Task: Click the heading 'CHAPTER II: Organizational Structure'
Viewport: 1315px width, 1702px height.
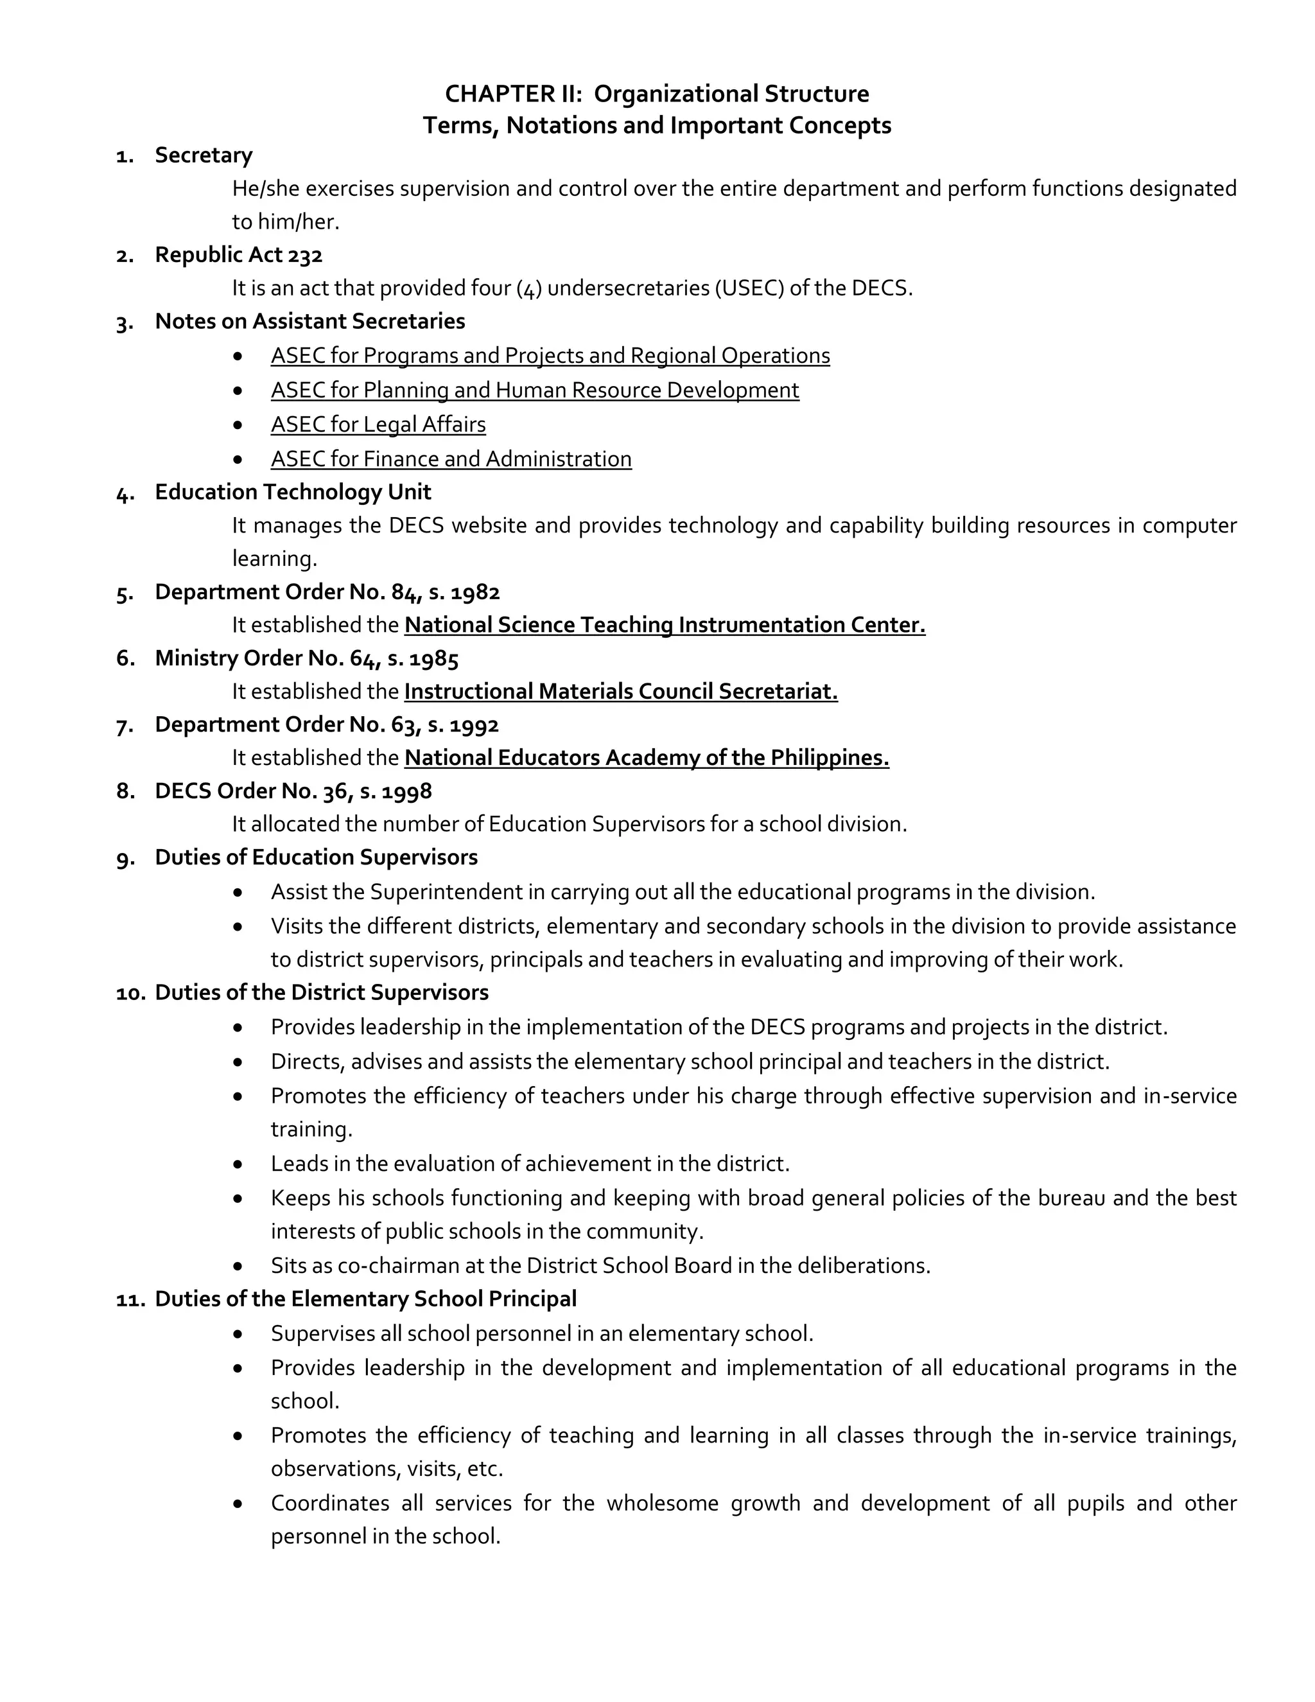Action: click(657, 94)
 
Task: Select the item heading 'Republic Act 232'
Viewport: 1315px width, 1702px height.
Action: click(238, 255)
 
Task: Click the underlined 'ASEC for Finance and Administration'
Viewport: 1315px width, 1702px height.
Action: click(451, 459)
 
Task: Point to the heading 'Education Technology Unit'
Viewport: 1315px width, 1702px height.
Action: click(293, 493)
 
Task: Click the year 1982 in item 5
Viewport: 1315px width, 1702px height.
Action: click(475, 592)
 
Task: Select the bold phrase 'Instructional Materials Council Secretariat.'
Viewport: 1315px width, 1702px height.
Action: click(621, 692)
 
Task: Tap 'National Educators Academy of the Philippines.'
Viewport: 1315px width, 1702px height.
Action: click(647, 759)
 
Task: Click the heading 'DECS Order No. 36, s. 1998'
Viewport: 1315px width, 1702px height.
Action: click(293, 792)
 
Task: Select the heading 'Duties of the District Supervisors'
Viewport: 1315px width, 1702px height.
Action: click(322, 993)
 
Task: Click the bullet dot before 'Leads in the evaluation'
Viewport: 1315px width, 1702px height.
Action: click(238, 1164)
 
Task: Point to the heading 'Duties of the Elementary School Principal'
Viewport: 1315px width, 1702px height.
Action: click(365, 1299)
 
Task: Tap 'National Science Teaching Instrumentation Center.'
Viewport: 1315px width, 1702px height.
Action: click(665, 626)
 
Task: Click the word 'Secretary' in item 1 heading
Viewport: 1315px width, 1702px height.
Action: click(204, 155)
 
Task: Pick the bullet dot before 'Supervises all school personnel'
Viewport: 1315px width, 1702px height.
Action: click(238, 1334)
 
